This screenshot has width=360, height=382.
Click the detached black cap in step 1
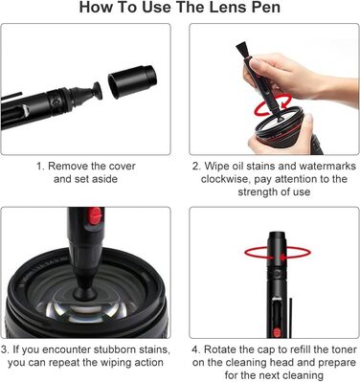click(132, 80)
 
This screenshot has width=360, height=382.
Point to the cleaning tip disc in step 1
click(97, 90)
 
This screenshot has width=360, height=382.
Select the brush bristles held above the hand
click(243, 52)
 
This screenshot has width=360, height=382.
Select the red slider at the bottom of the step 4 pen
click(275, 332)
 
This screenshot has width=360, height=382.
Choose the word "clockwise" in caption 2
click(226, 179)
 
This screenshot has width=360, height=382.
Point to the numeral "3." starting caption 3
click(5, 349)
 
